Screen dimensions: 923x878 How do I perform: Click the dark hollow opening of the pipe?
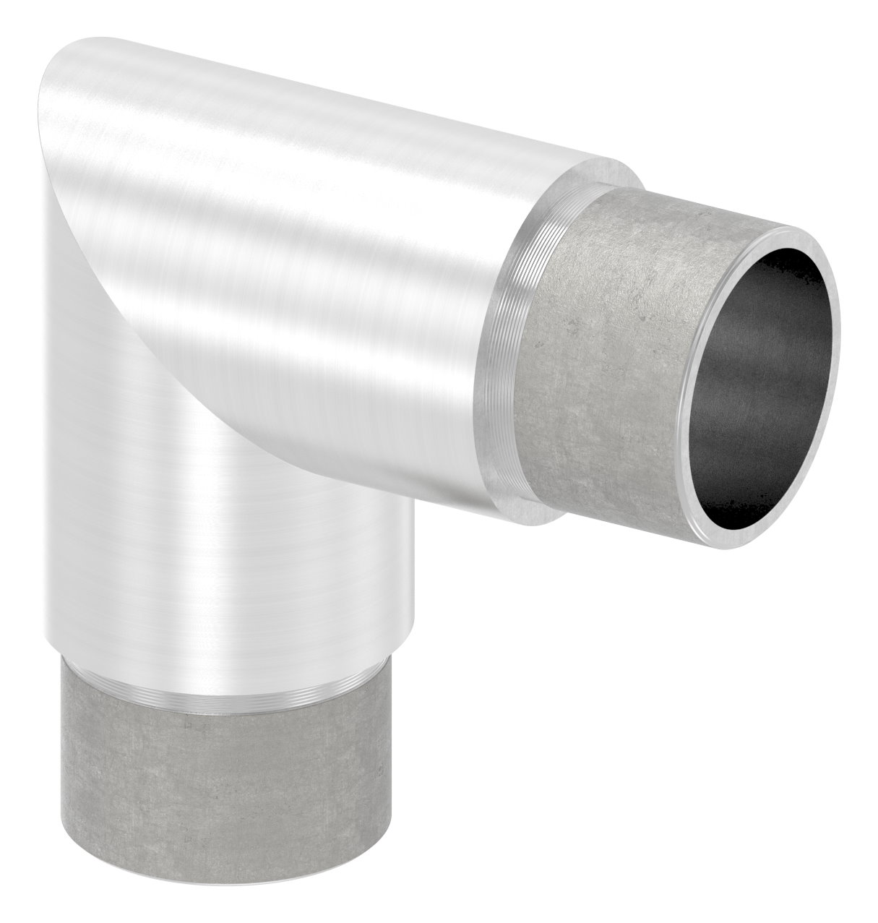click(759, 383)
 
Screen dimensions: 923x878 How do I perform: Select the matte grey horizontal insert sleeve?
click(614, 361)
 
